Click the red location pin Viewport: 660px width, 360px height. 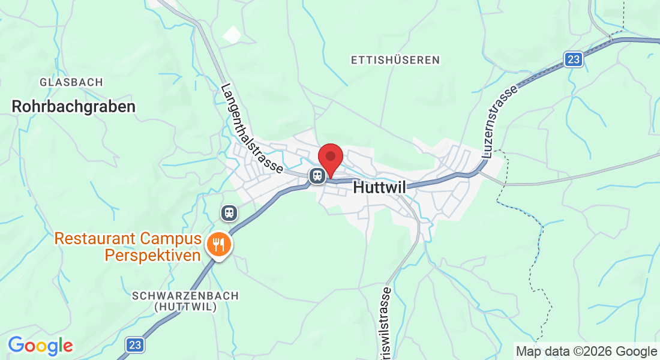pyautogui.click(x=330, y=158)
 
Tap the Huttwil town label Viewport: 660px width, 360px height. pyautogui.click(x=380, y=187)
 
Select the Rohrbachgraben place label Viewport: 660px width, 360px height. pyautogui.click(x=73, y=107)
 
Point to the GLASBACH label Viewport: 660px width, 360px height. pyautogui.click(x=71, y=82)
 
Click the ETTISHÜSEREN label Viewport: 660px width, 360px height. pyautogui.click(x=395, y=60)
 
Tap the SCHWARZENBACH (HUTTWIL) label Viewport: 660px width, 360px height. pyautogui.click(x=185, y=301)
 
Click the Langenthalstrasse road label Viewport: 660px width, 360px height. pyautogui.click(x=251, y=129)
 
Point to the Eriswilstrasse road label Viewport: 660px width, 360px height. pyautogui.click(x=385, y=324)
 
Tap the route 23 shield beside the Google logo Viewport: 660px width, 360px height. pyautogui.click(x=135, y=344)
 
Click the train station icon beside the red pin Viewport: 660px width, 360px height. pyautogui.click(x=317, y=175)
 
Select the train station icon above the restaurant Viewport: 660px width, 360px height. pyautogui.click(x=229, y=212)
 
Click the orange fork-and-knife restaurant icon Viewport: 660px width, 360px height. pyautogui.click(x=217, y=245)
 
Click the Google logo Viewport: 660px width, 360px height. pyautogui.click(x=40, y=346)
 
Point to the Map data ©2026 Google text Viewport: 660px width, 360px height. pyautogui.click(x=586, y=352)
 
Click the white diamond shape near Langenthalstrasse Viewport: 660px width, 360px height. pyautogui.click(x=232, y=34)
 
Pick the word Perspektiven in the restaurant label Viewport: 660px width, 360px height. pyautogui.click(x=152, y=256)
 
